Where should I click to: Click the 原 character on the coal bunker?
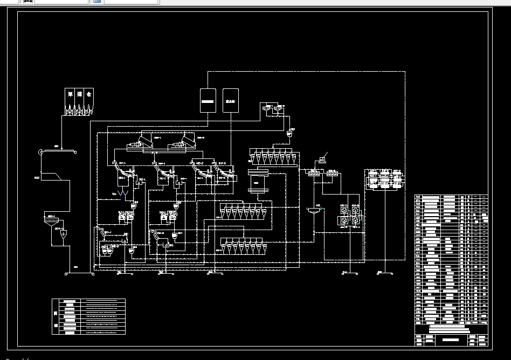point(70,94)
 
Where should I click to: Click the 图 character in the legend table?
point(56,312)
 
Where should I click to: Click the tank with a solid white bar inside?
point(208,100)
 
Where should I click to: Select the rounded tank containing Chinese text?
point(231,100)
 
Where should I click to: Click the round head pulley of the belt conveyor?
point(41,152)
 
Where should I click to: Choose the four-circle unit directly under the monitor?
point(312,174)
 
